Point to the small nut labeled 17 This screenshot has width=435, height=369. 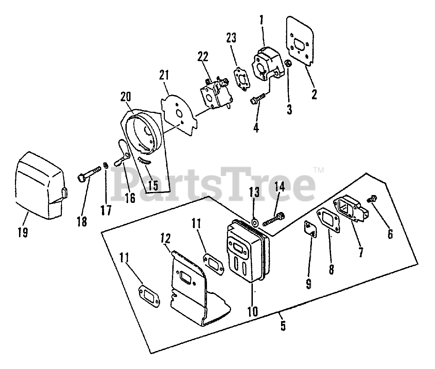coord(106,165)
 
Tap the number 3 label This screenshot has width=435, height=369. coord(289,109)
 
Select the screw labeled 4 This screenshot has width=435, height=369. coord(257,98)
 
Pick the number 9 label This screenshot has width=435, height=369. coord(309,283)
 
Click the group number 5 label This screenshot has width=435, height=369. coord(283,326)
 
